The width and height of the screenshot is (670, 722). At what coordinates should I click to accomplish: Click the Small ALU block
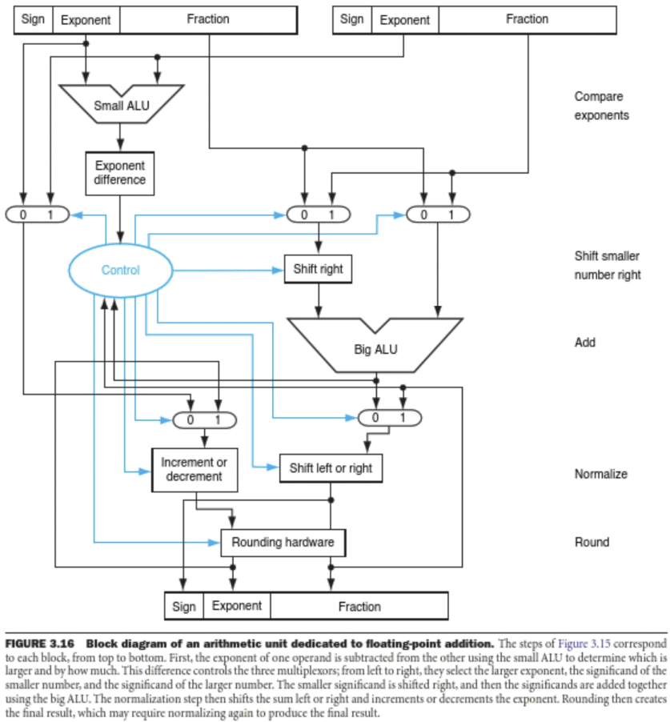121,104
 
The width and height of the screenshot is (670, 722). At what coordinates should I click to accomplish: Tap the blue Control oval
120,271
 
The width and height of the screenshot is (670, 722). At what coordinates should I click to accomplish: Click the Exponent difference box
120,173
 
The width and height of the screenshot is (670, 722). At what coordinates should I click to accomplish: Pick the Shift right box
319,269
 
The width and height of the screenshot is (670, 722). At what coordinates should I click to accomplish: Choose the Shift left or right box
331,468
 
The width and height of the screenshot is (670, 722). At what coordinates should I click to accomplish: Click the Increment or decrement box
195,469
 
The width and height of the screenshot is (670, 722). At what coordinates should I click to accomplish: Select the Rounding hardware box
283,543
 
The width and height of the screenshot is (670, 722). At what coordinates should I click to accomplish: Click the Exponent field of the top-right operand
404,20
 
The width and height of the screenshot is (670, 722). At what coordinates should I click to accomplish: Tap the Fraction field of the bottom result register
359,607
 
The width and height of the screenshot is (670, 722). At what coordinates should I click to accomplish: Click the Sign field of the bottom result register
184,607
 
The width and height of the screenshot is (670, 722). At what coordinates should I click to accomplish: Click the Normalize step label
600,475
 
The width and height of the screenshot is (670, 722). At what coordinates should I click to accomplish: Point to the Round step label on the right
592,543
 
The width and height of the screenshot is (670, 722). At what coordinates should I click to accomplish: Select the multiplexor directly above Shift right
318,215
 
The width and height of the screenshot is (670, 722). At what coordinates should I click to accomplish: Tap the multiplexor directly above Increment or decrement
203,419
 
